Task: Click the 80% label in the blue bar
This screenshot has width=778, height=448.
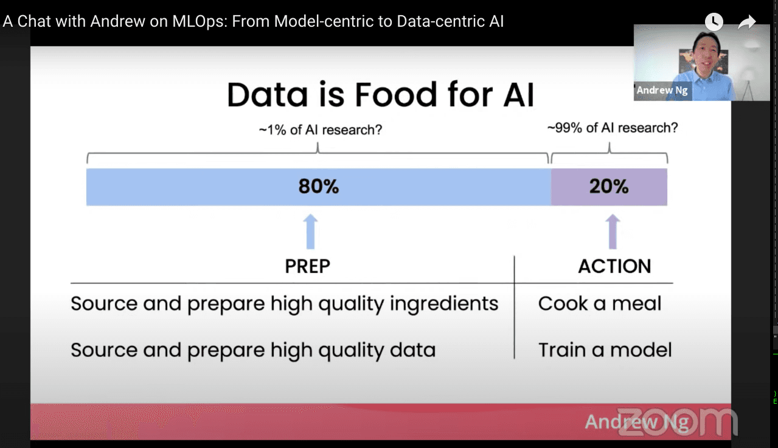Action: pyautogui.click(x=318, y=187)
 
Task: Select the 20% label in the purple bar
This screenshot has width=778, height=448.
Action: pyautogui.click(x=608, y=187)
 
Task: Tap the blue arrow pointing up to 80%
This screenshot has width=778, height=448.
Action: pyautogui.click(x=310, y=231)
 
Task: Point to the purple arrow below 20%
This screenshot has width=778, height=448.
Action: pyautogui.click(x=613, y=231)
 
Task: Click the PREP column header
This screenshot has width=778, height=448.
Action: pyautogui.click(x=308, y=266)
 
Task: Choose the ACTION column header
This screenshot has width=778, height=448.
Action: pyautogui.click(x=614, y=266)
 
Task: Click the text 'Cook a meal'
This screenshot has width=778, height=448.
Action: pyautogui.click(x=599, y=304)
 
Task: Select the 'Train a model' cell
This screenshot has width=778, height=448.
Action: pyautogui.click(x=605, y=350)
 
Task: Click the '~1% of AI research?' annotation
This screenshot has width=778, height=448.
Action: pyautogui.click(x=320, y=129)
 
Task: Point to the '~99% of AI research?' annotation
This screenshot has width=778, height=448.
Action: pyautogui.click(x=612, y=128)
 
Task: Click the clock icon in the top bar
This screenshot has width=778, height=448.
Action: pyautogui.click(x=714, y=22)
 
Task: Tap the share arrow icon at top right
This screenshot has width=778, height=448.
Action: pyautogui.click(x=746, y=22)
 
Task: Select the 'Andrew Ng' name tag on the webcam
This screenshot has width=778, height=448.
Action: pyautogui.click(x=662, y=91)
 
